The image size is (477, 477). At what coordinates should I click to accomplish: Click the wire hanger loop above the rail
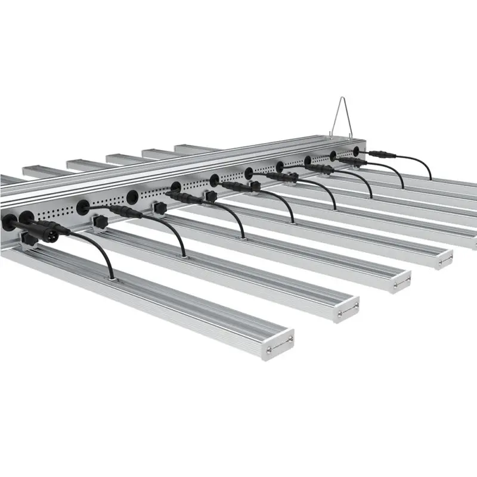pos(340,111)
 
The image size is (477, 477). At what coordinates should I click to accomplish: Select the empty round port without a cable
pos(132,194)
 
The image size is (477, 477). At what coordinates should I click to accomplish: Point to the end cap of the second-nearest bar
pos(346,308)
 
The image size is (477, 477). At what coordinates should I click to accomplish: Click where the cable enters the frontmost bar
pos(110,275)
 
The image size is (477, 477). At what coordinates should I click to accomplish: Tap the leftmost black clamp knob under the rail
pos(27,240)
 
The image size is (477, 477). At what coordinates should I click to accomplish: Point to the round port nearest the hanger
pos(358,149)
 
